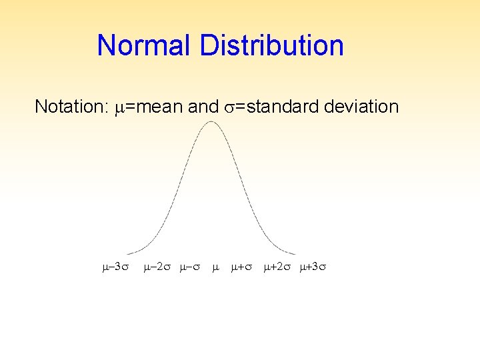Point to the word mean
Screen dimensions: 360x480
(x=160, y=107)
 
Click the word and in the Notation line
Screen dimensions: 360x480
(x=205, y=107)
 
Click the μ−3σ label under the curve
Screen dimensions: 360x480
(x=111, y=268)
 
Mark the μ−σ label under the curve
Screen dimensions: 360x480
(x=190, y=268)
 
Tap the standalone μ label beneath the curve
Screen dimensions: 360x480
(x=215, y=268)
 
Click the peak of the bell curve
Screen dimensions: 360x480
(x=212, y=121)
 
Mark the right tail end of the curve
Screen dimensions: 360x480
(x=295, y=253)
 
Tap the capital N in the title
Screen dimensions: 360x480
(x=105, y=46)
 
